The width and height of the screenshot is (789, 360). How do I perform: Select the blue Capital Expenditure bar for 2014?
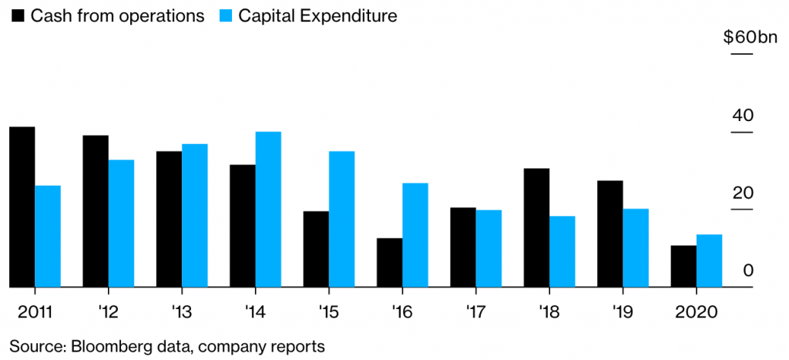point(268,210)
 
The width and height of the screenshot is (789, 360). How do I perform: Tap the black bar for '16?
point(390,263)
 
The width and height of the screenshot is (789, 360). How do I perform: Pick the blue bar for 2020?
point(709,261)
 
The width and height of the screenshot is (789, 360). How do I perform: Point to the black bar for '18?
point(536,227)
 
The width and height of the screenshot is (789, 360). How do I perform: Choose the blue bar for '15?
point(341,219)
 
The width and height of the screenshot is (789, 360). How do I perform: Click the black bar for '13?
point(169,219)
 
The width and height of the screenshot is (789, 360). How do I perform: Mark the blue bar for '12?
point(121,224)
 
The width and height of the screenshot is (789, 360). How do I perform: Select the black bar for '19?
point(610,234)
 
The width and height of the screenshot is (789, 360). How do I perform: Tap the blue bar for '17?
point(489,248)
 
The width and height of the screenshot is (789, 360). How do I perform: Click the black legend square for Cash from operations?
point(15,15)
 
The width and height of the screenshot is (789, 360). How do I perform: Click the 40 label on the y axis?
point(741,116)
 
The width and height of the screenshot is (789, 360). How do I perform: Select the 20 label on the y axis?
point(741,193)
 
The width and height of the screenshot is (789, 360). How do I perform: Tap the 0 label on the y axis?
point(747,271)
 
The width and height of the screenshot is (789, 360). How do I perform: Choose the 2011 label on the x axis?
point(35,311)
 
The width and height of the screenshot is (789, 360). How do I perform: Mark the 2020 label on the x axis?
point(695,311)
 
